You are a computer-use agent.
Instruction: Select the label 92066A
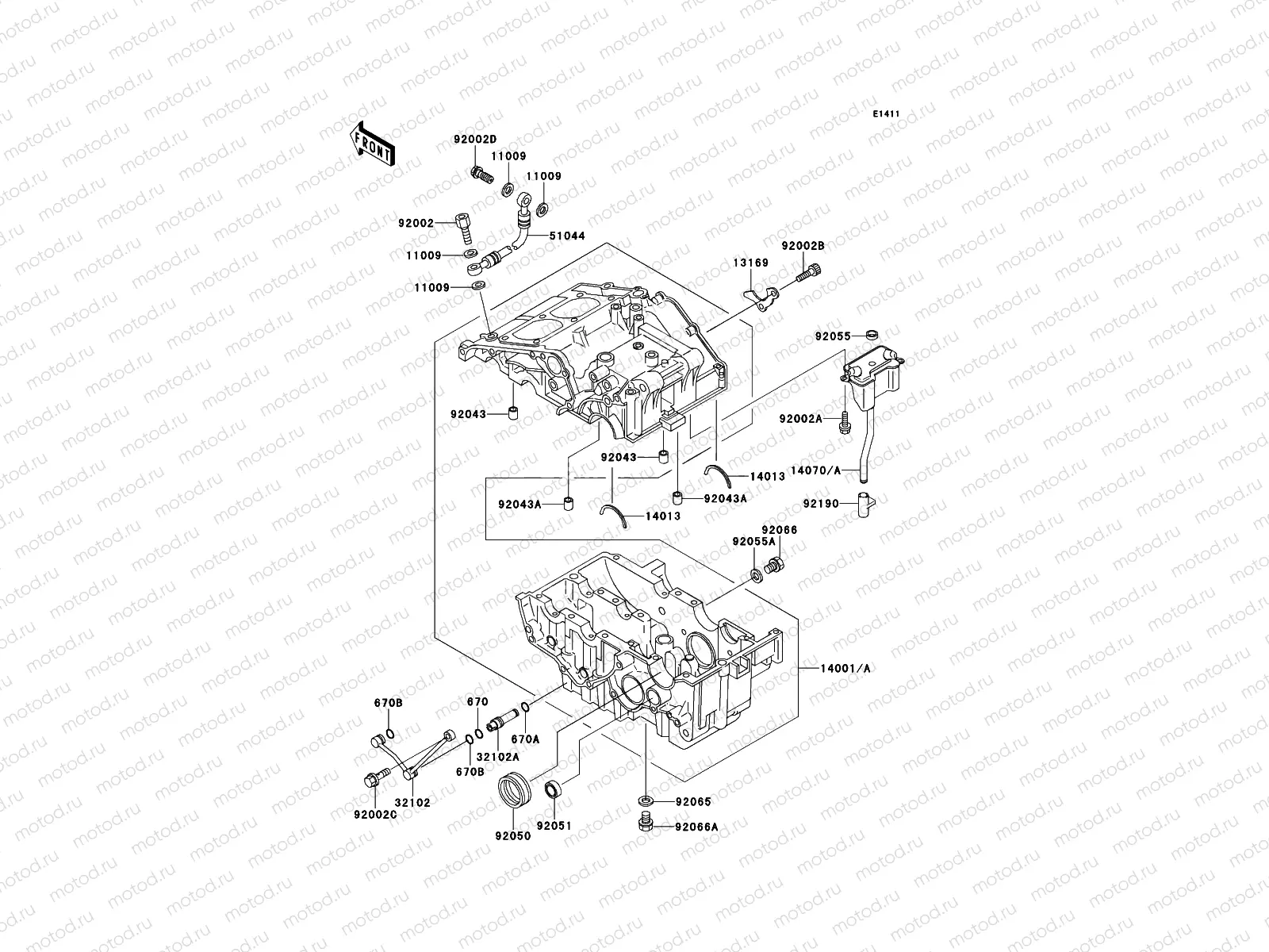[697, 827]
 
